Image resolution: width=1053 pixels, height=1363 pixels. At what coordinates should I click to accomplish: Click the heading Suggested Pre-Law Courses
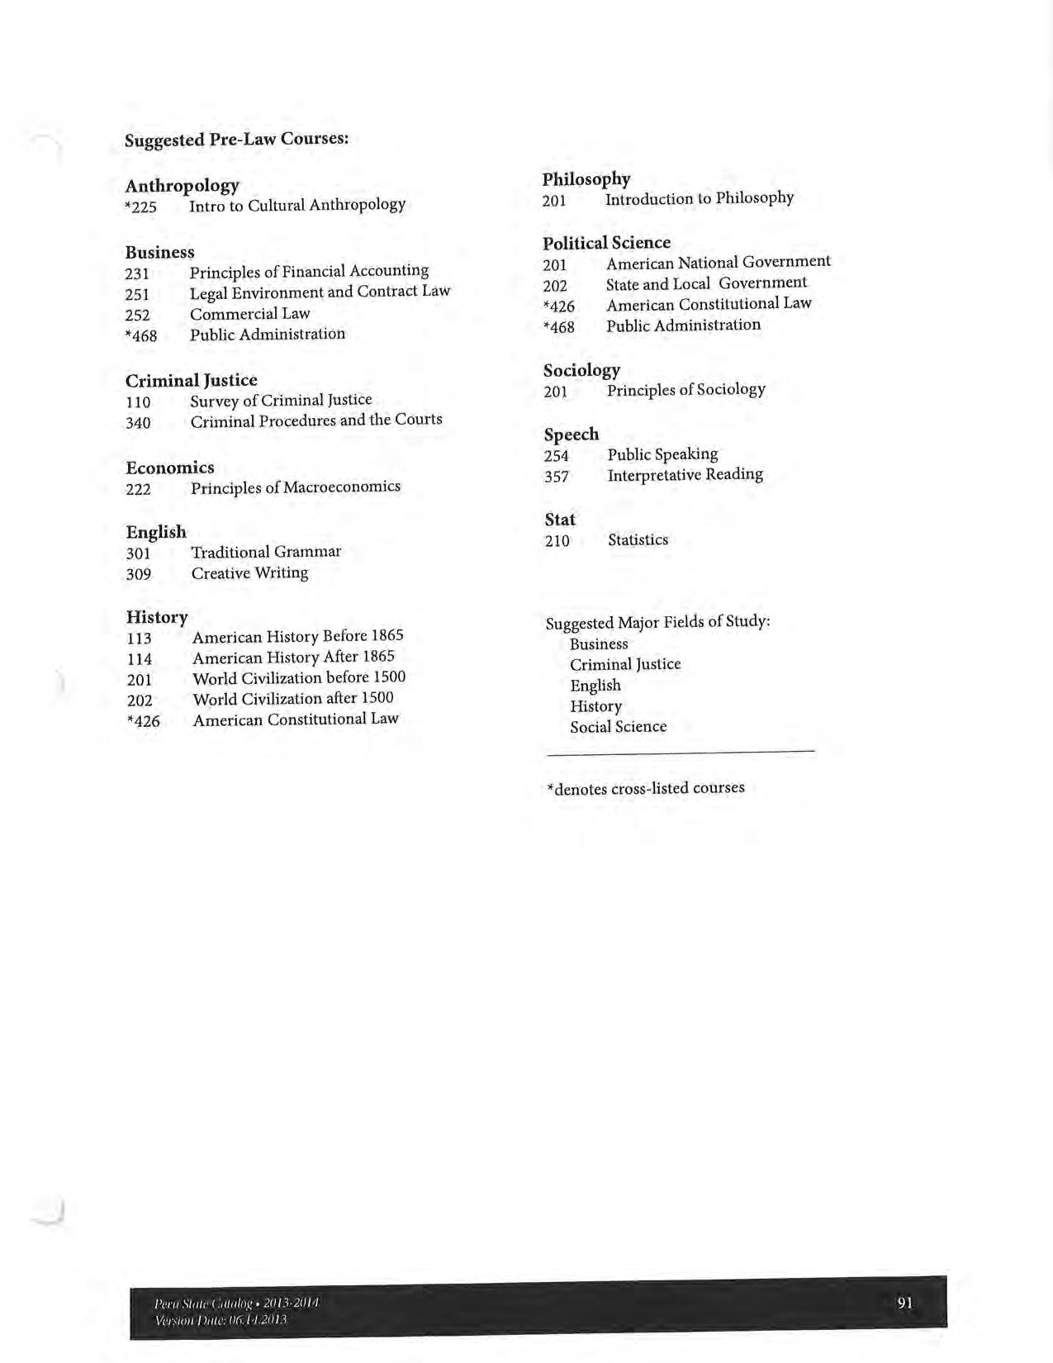tap(236, 139)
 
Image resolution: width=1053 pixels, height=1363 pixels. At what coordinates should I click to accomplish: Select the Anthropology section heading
tap(182, 185)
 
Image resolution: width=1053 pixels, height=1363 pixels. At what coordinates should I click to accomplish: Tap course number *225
tap(140, 207)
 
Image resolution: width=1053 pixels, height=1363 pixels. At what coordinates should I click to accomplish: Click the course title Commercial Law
tap(249, 314)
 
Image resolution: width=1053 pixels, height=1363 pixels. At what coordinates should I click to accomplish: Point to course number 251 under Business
tap(137, 294)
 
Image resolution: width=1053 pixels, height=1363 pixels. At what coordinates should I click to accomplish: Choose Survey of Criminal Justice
tap(281, 401)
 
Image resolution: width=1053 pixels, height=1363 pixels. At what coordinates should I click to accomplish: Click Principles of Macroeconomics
tap(295, 487)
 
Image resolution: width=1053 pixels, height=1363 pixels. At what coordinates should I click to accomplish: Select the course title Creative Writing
tap(249, 573)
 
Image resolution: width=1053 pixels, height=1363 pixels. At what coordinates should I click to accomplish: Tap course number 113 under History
tap(139, 639)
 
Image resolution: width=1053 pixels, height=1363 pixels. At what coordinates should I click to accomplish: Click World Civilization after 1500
tap(292, 699)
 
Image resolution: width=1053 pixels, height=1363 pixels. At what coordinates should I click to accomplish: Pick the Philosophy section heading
tap(586, 179)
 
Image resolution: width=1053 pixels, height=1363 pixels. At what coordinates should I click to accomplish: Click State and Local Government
tap(706, 283)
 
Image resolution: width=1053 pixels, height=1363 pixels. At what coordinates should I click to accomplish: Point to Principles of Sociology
tap(685, 390)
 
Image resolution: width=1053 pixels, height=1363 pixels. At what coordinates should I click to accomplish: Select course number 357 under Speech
tap(556, 477)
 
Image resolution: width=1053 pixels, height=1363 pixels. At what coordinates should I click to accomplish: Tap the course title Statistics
tap(638, 540)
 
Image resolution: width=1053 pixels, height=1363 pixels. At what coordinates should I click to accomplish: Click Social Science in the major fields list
tap(618, 727)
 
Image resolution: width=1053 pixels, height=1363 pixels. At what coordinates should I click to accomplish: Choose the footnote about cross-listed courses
tap(645, 788)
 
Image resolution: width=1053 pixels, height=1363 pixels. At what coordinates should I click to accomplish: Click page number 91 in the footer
tap(904, 1303)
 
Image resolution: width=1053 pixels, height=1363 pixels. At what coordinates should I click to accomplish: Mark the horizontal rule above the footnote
tap(680, 752)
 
